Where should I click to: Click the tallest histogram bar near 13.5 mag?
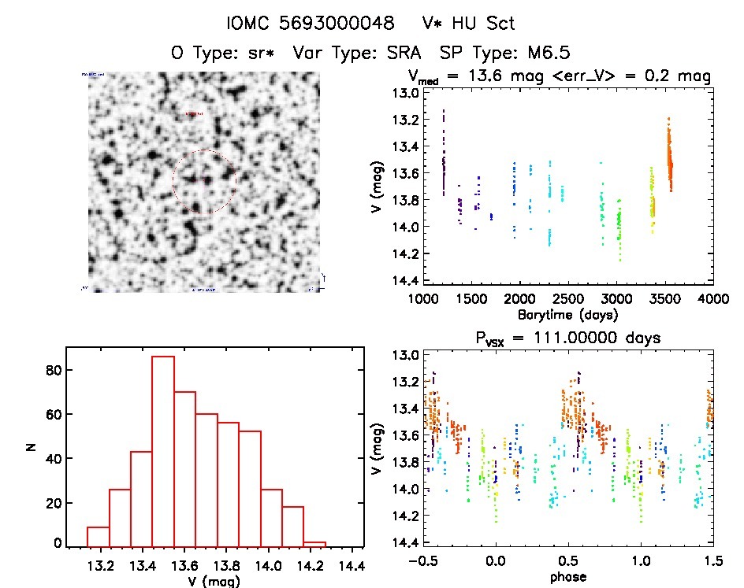[162, 450]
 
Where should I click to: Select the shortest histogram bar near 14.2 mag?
[314, 543]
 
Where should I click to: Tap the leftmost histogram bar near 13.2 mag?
[98, 536]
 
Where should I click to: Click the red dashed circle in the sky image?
[205, 182]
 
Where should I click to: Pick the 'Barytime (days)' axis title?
[567, 315]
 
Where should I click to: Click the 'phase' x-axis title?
[567, 577]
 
